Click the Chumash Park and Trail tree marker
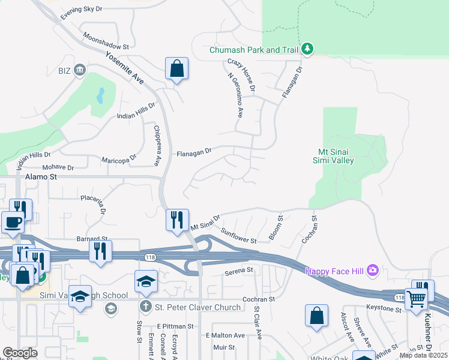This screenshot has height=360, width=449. [307, 49]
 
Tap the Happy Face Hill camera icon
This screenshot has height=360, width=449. [372, 271]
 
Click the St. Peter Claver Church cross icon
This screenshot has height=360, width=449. [146, 307]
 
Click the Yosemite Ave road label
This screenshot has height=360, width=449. [125, 68]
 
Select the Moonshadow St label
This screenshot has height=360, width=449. [106, 41]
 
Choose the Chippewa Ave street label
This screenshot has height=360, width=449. [156, 145]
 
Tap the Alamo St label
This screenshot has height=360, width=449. [41, 177]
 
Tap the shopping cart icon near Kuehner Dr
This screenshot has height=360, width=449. [417, 298]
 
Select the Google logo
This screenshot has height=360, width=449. [20, 352]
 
